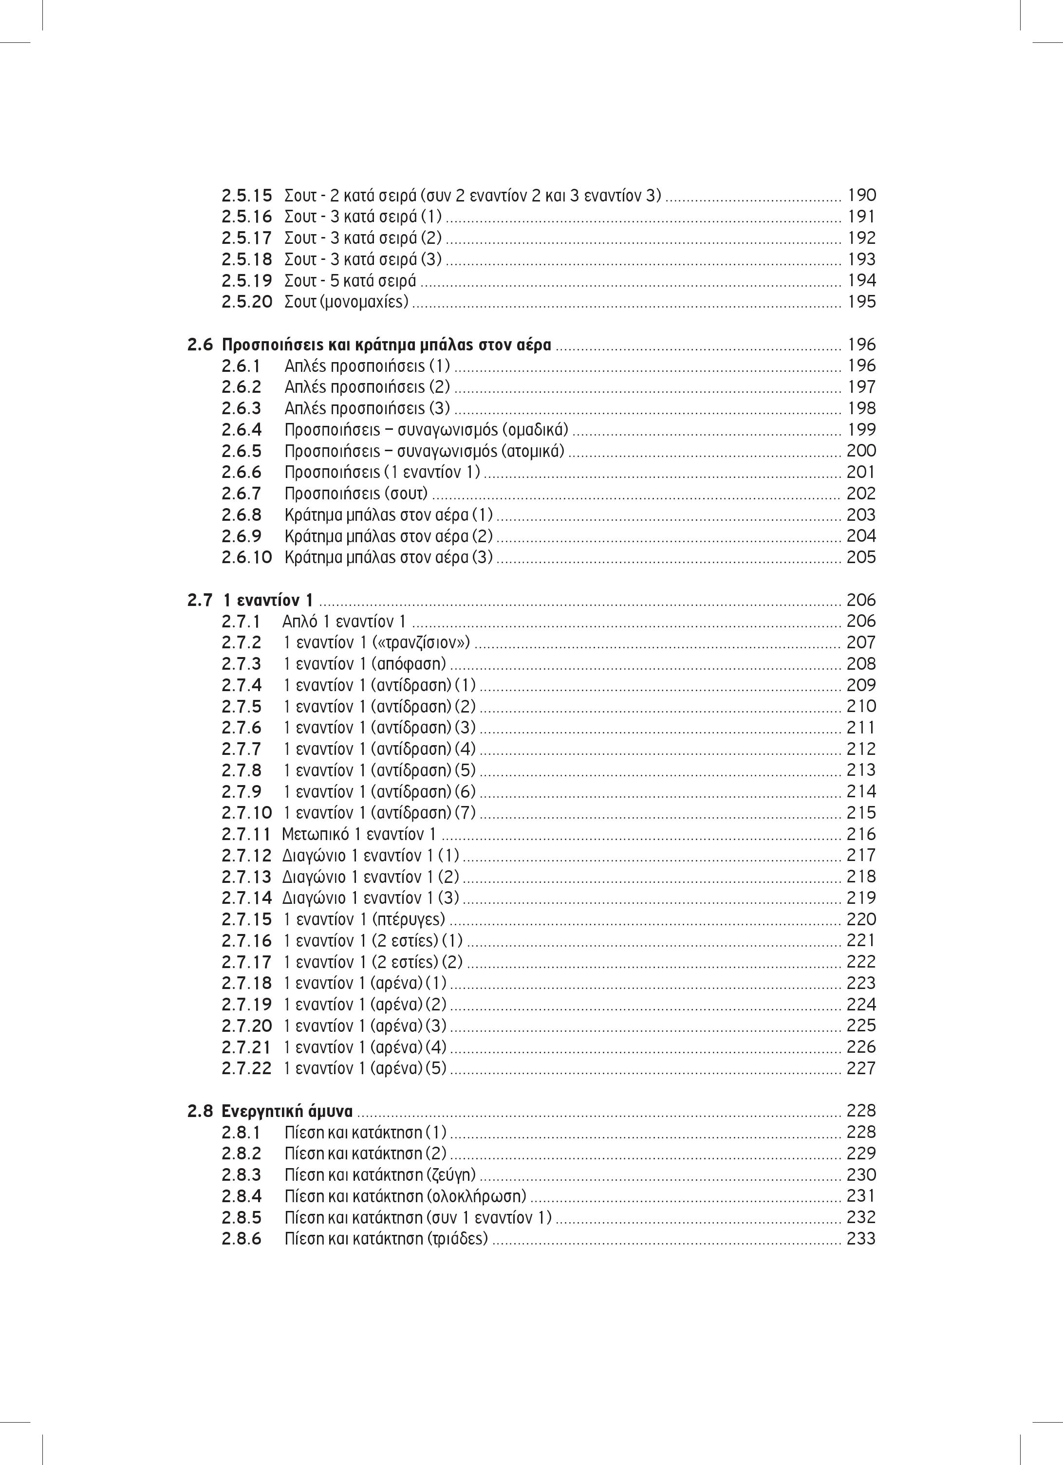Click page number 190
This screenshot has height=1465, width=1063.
(x=861, y=195)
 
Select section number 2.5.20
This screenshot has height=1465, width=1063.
(x=246, y=302)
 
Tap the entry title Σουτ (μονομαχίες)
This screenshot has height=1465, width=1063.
(x=346, y=302)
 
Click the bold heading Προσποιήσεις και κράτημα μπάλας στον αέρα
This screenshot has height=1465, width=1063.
(x=387, y=345)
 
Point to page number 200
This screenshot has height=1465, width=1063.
(x=861, y=451)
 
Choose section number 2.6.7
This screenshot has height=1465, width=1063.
(x=241, y=494)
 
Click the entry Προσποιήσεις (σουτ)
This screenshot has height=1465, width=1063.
(x=356, y=494)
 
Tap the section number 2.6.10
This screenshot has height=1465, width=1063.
(x=246, y=557)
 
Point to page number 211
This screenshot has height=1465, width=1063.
(x=861, y=728)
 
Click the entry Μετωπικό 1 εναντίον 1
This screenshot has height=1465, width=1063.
(x=359, y=834)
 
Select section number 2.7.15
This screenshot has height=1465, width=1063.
(x=246, y=919)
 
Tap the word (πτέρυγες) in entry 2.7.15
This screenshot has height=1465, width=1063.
(x=409, y=919)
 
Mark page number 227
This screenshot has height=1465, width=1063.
(x=861, y=1068)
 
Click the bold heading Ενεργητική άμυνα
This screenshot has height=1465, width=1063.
(x=288, y=1112)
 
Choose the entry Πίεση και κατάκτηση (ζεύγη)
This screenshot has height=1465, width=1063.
(x=380, y=1175)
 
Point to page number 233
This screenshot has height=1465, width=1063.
(x=861, y=1239)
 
